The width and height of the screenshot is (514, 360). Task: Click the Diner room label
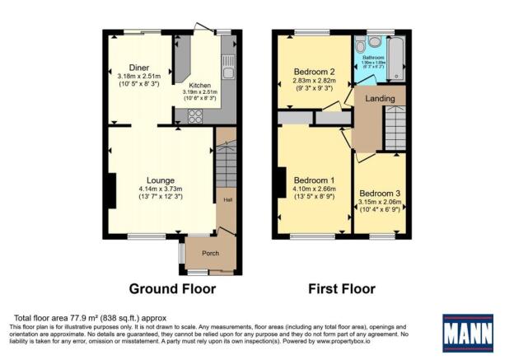click(x=138, y=68)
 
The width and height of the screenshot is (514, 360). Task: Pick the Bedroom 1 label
click(x=314, y=180)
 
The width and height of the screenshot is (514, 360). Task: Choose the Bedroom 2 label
click(x=314, y=72)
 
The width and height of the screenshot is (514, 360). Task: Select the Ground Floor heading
click(x=172, y=289)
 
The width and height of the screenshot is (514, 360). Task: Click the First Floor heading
click(x=341, y=289)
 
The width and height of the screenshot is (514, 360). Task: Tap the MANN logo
click(x=468, y=333)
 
